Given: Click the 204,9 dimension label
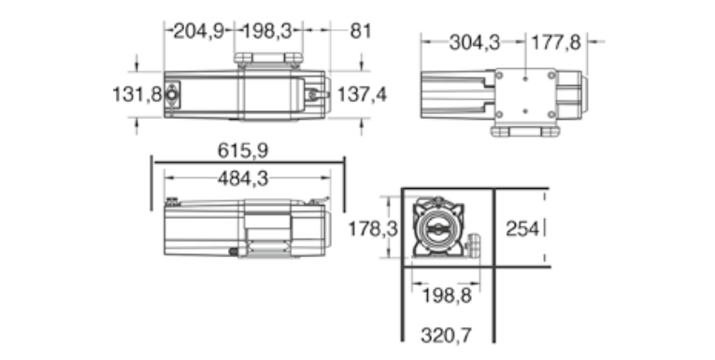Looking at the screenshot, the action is [x=199, y=32].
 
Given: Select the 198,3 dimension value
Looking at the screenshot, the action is [x=266, y=32].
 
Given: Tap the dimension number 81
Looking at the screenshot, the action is [x=360, y=32].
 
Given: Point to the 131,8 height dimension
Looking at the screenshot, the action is [x=136, y=94].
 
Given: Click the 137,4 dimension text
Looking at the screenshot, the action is [x=362, y=94].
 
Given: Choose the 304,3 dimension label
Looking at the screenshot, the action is [x=475, y=43].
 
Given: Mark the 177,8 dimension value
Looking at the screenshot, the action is [x=556, y=43].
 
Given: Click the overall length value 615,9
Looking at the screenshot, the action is [x=243, y=151].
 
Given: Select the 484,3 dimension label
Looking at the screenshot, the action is [x=243, y=179].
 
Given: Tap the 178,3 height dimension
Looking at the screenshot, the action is [x=373, y=228].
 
